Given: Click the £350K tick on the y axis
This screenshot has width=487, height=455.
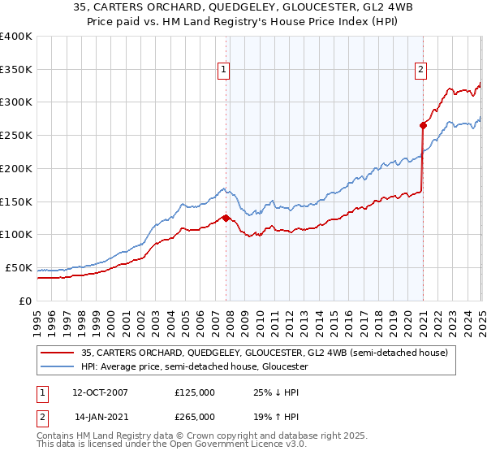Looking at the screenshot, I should click(16, 69).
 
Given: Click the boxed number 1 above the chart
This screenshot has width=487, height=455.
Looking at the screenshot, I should click(224, 71).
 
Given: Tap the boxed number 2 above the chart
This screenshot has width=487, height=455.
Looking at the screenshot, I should click(421, 71).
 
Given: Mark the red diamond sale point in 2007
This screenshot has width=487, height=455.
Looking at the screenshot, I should click(226, 218).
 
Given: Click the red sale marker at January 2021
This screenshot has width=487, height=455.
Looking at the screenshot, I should click(423, 125).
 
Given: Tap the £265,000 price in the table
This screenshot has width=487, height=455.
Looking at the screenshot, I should click(194, 416).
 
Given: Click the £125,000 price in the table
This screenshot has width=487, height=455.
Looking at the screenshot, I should click(194, 392).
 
